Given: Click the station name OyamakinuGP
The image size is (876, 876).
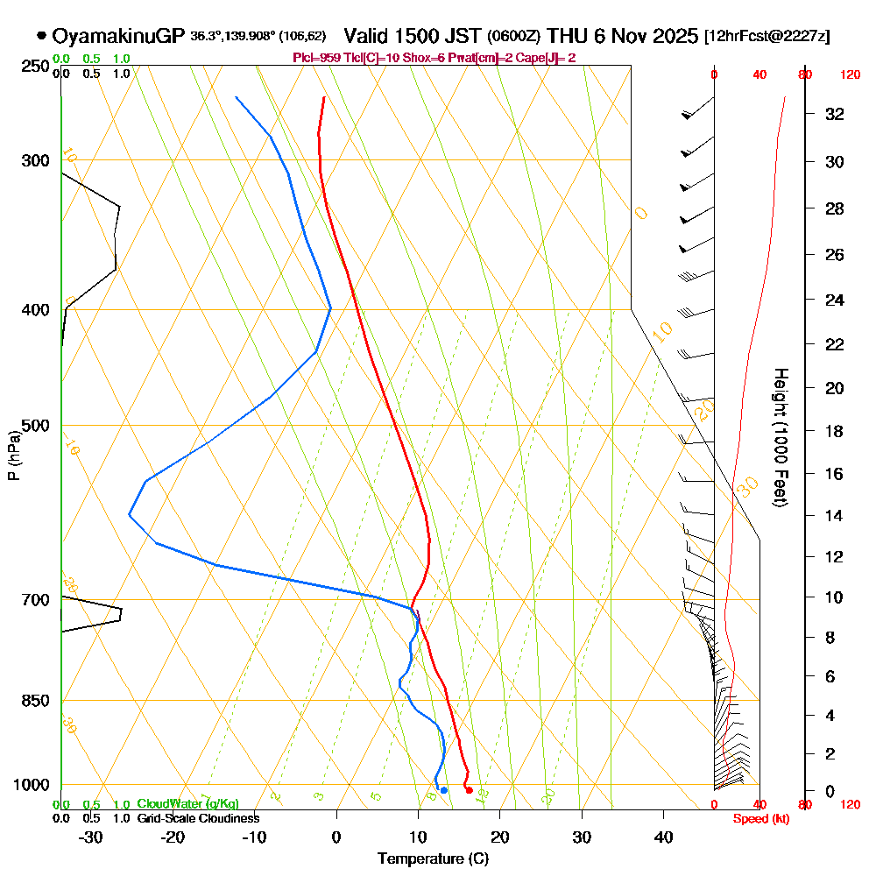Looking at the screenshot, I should tap(118, 36).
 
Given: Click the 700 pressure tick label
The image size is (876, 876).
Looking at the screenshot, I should tap(32, 600).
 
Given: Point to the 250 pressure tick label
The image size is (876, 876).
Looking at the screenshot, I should tap(32, 66).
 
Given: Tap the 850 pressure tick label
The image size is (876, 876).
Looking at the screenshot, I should tap(32, 701).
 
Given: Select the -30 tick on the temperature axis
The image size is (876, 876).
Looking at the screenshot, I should tap(90, 837).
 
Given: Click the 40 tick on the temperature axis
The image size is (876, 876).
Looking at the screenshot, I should tap(663, 837).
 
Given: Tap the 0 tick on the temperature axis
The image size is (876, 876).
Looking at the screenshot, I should tap(336, 837).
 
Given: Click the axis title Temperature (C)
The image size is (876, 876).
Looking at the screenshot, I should tap(433, 858).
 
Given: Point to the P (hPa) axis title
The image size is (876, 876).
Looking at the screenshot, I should tap(14, 455).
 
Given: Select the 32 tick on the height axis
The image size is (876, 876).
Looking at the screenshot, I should tap(835, 114).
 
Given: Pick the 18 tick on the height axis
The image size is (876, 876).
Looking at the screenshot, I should tap(835, 431).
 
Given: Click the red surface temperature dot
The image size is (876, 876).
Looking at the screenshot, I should tap(470, 790).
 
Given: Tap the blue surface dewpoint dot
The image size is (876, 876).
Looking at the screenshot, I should tap(444, 790).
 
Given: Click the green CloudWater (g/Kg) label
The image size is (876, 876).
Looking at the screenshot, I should tap(187, 804).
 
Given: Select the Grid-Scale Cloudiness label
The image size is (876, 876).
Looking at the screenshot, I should tap(198, 818).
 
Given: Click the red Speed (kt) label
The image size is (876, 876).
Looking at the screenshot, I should tap(758, 819).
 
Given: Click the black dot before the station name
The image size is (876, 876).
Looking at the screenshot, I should tap(41, 36).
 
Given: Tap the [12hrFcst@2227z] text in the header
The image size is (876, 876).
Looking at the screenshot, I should tap(767, 37).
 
